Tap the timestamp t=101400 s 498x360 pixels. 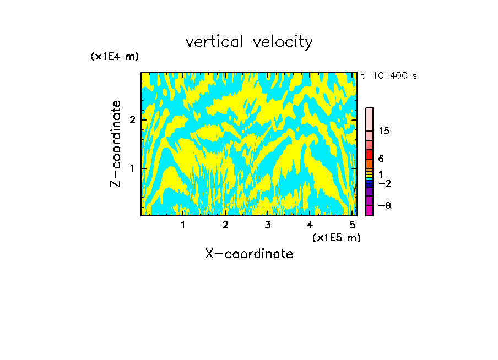point(389,75)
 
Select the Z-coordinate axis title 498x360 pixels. point(116,144)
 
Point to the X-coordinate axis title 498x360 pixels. point(249,254)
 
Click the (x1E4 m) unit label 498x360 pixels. point(115,56)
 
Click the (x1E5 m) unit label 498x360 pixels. point(336,237)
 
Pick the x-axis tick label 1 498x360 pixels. point(183,225)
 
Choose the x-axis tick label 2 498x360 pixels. point(225,225)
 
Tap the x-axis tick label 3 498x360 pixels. point(268,225)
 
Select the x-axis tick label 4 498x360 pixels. point(310,225)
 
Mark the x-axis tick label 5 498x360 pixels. point(352,225)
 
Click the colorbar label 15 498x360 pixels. point(384,131)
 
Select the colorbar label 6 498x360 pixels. point(381,159)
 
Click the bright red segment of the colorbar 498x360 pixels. point(370,155)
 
